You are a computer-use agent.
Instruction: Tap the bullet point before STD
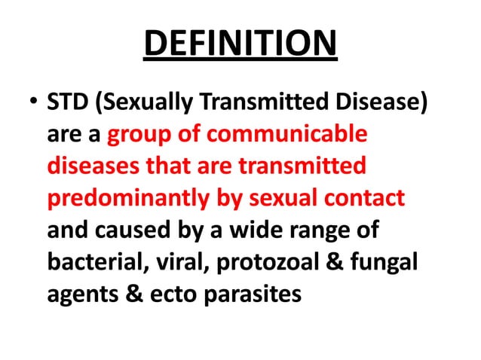pyautogui.click(x=29, y=102)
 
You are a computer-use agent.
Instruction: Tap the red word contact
pyautogui.click(x=368, y=198)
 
